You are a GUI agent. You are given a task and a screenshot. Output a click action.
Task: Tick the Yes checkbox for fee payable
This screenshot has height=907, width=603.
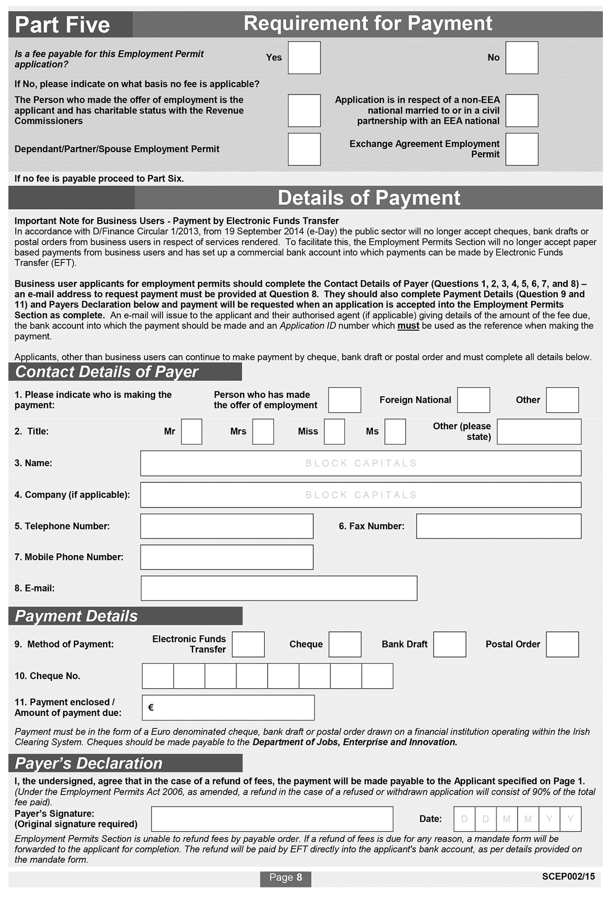tap(304, 58)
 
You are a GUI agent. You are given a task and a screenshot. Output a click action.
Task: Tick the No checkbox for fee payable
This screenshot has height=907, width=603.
tap(521, 58)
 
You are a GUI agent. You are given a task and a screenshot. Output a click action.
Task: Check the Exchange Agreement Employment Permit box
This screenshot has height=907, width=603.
tap(521, 149)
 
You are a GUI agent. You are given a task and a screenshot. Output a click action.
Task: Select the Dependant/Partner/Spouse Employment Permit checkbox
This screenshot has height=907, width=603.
tap(304, 149)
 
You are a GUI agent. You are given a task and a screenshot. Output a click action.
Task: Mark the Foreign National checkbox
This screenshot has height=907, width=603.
tap(473, 400)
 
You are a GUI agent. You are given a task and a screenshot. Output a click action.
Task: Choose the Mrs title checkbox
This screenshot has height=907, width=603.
tap(263, 431)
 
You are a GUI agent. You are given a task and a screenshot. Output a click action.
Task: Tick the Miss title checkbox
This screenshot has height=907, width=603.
tap(334, 431)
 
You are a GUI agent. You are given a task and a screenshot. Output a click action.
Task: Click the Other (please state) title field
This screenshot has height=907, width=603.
tap(539, 431)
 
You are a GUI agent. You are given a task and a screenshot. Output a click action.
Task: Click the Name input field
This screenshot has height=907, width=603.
tap(361, 463)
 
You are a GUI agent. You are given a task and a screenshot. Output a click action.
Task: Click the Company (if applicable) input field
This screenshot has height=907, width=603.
tap(361, 495)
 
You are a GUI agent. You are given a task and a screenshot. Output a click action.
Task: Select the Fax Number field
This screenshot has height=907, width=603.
tap(499, 526)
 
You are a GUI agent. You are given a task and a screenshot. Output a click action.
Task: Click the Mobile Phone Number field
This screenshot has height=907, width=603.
tap(227, 557)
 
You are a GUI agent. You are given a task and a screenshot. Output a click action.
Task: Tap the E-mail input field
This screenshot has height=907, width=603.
tap(279, 588)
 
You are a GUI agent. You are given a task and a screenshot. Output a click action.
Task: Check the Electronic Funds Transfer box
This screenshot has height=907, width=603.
tap(248, 644)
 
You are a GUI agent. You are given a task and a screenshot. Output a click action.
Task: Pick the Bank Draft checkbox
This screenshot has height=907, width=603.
tap(449, 644)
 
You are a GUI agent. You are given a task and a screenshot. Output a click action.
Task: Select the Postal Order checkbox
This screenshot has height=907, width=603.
tap(562, 644)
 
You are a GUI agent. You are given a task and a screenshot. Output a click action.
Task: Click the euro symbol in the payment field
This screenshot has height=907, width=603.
tap(151, 707)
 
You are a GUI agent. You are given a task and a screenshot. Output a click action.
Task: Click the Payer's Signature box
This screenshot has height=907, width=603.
tap(272, 819)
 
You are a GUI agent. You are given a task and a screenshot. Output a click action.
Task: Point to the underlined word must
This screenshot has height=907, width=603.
tap(408, 326)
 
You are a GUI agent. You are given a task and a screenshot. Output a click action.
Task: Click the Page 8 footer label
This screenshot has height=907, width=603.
tap(285, 877)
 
